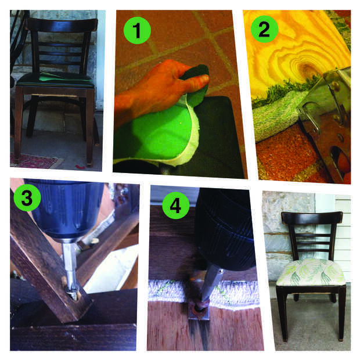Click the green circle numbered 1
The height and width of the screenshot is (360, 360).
[x=137, y=30]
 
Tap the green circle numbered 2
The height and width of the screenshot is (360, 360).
[x=264, y=29]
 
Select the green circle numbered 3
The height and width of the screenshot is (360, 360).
[x=27, y=197]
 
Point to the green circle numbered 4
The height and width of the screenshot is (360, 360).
[x=176, y=206]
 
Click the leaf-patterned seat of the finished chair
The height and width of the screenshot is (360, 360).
[x=311, y=272]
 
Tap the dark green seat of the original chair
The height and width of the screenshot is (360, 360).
[x=56, y=79]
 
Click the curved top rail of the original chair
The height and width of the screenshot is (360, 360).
[x=63, y=25]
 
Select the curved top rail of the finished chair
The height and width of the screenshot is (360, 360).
[x=312, y=218]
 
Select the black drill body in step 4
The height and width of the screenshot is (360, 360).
[x=226, y=229]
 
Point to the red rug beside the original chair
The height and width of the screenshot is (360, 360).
[x=34, y=161]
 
